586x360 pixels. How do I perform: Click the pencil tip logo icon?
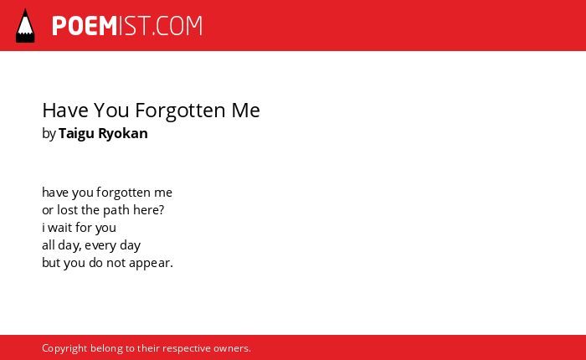click(25, 26)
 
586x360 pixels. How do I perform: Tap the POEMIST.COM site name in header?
click(127, 26)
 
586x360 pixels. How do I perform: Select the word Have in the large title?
click(65, 111)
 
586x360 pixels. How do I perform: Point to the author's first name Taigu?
click(77, 134)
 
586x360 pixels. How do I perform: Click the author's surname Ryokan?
click(123, 134)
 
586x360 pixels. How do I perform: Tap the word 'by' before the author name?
click(49, 134)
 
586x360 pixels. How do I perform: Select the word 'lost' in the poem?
click(67, 210)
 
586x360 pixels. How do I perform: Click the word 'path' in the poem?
click(116, 210)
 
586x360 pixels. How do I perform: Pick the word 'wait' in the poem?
click(59, 228)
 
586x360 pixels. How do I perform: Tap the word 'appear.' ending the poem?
click(151, 263)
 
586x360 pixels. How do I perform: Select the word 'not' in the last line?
click(116, 263)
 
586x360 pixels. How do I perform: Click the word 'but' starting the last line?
click(51, 263)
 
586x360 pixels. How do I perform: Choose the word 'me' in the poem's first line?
click(163, 193)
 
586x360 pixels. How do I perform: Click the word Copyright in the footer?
click(64, 348)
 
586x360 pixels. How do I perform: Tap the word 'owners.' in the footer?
click(232, 348)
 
